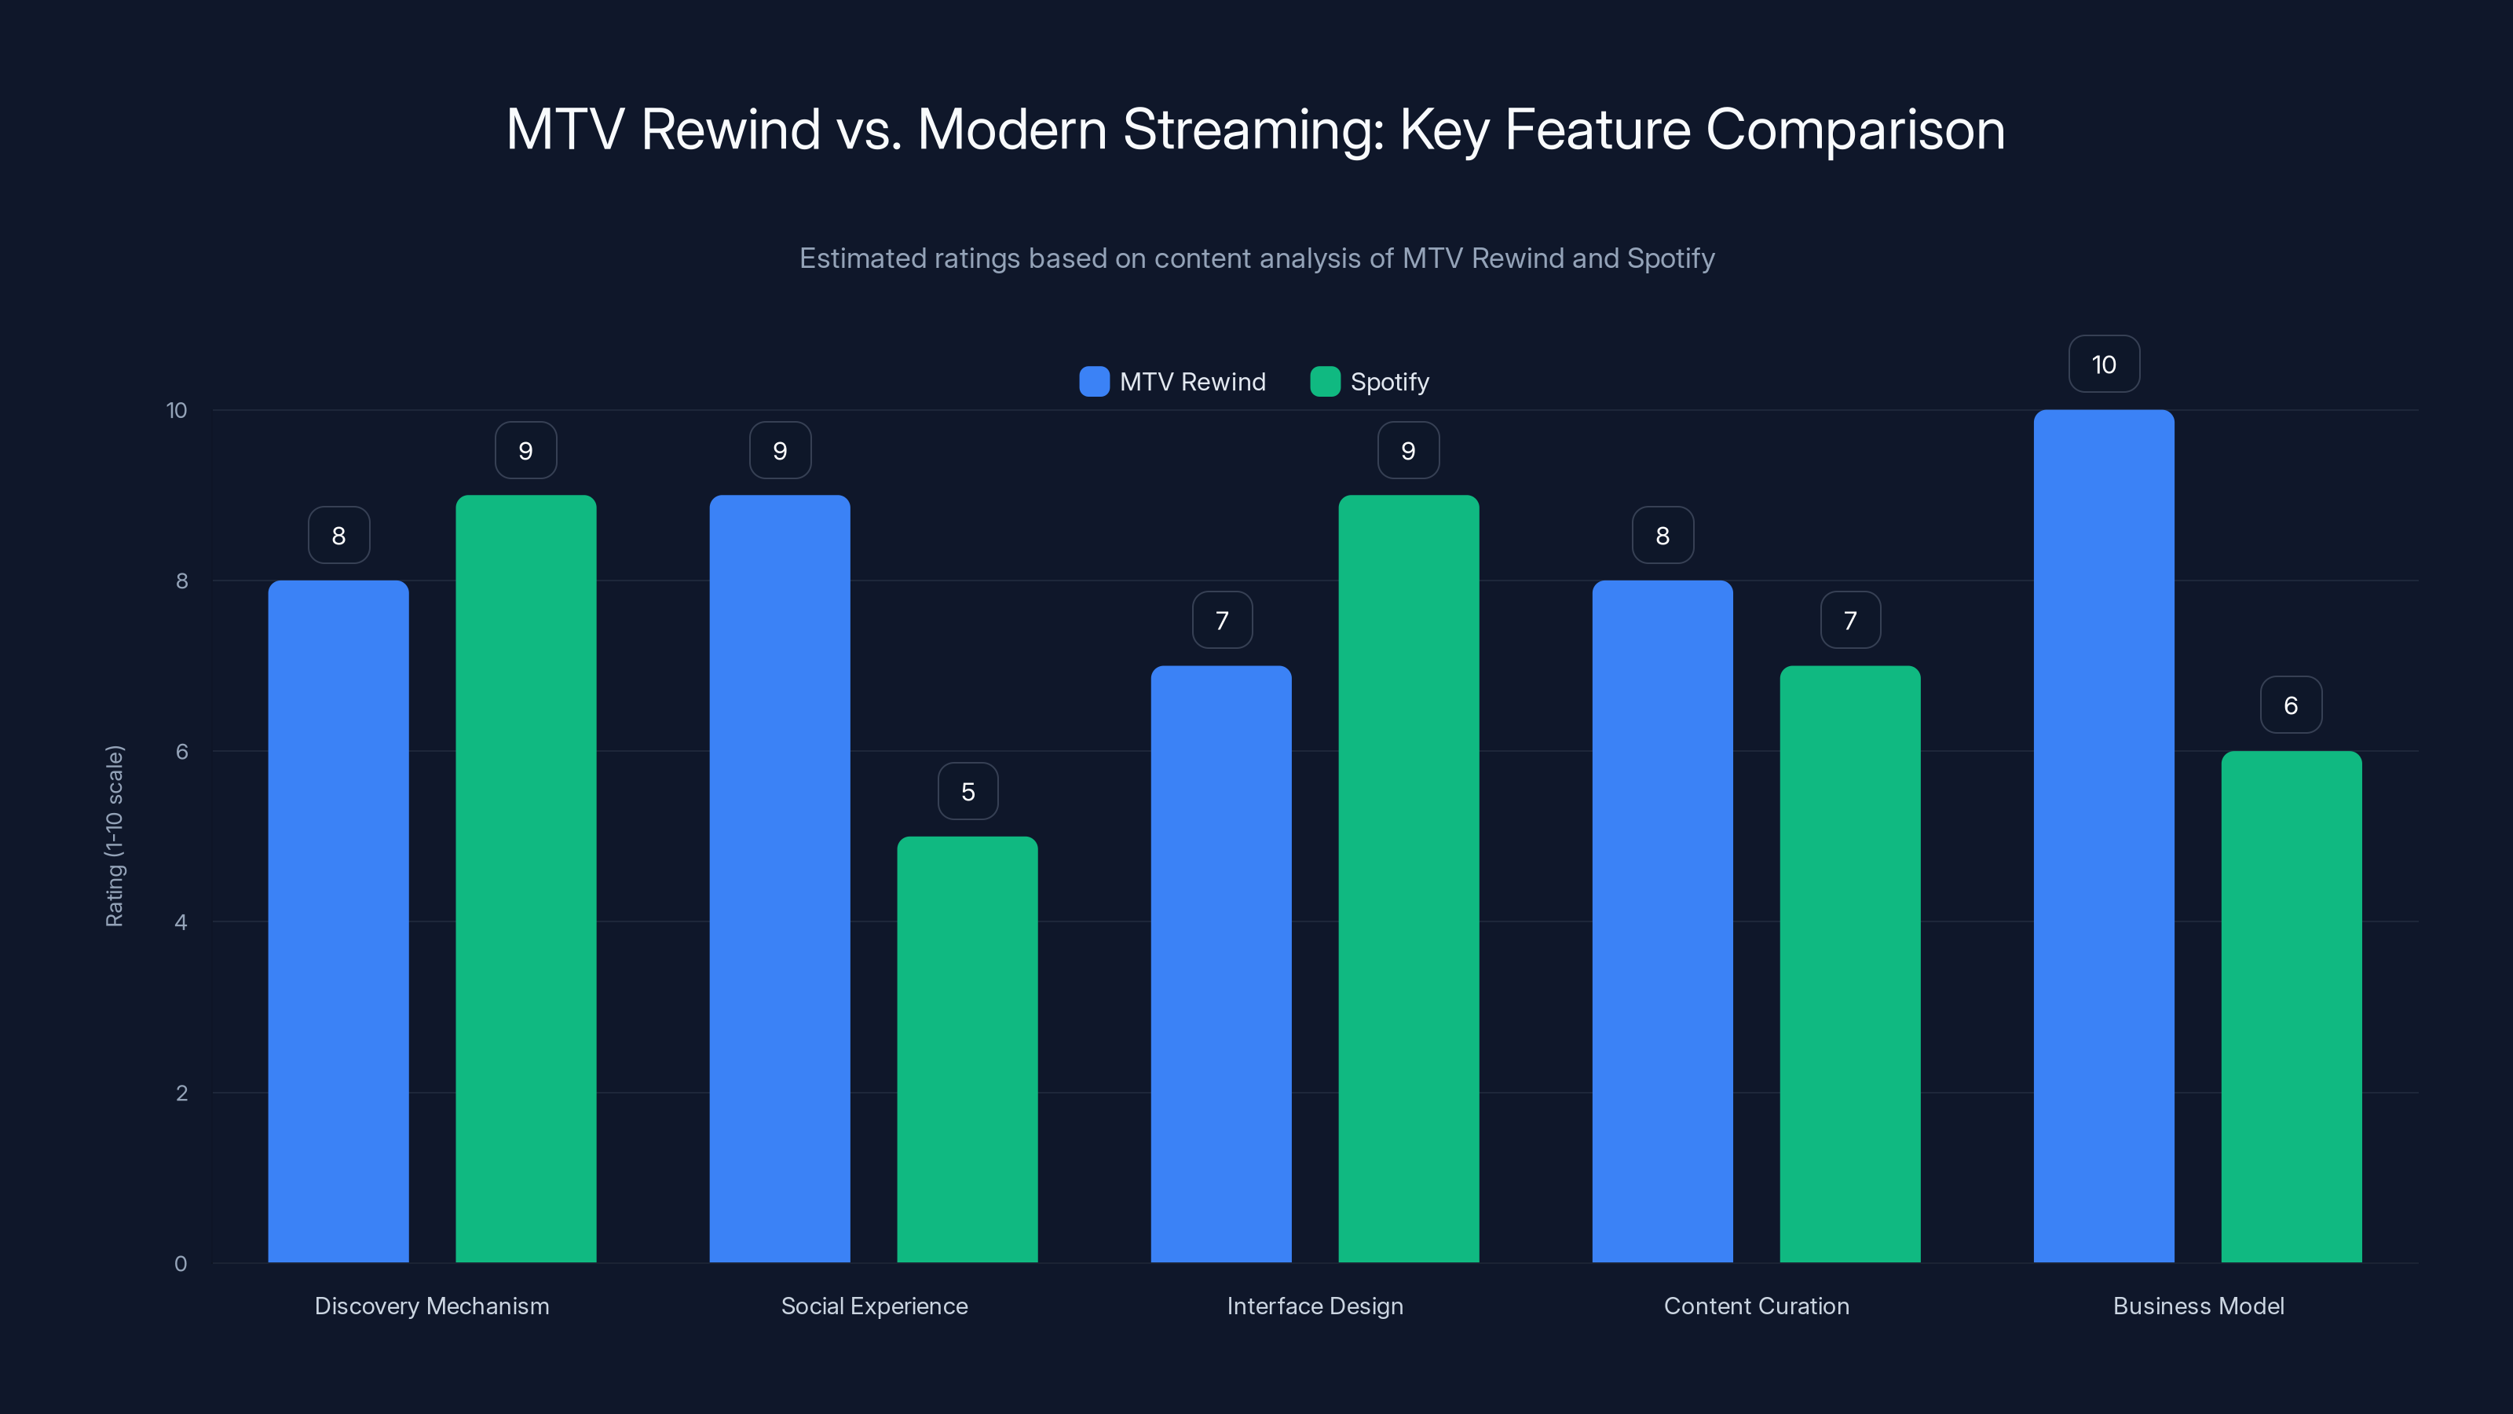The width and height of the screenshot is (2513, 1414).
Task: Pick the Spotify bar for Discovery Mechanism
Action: click(x=526, y=878)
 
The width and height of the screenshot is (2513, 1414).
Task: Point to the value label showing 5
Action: click(x=967, y=791)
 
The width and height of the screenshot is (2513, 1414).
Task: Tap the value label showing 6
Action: click(x=2291, y=705)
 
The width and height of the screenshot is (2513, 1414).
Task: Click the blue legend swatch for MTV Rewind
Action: click(x=1094, y=382)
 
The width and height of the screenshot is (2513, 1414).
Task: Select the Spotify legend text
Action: click(x=1389, y=382)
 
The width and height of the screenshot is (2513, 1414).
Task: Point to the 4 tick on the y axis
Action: click(x=181, y=922)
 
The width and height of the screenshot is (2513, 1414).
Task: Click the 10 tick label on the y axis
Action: click(x=177, y=410)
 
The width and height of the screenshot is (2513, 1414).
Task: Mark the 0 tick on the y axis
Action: click(x=181, y=1264)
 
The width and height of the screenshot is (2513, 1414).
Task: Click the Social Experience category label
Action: click(x=874, y=1306)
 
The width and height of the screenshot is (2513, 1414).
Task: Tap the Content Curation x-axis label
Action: click(x=1756, y=1306)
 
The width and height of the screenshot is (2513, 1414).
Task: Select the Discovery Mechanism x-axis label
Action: click(x=431, y=1306)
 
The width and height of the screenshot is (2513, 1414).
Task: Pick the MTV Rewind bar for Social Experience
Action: click(x=780, y=878)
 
